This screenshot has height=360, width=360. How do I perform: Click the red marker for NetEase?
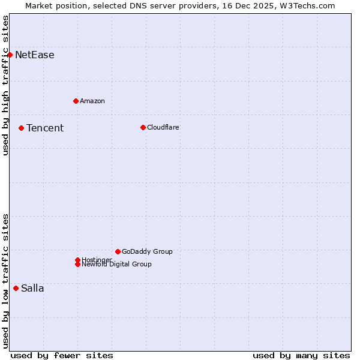click(x=10, y=55)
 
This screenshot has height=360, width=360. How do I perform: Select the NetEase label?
click(x=35, y=55)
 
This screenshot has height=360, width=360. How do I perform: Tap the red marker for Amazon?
click(x=76, y=101)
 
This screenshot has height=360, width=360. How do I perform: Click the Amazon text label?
click(x=92, y=101)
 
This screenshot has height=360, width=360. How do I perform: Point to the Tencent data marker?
click(x=21, y=128)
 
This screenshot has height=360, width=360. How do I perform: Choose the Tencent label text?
click(x=45, y=128)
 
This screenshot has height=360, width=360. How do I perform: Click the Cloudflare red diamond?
click(x=143, y=127)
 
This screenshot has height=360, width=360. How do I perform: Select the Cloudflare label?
click(x=163, y=127)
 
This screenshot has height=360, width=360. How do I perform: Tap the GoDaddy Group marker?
click(x=118, y=251)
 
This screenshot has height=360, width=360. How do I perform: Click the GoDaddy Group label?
click(x=147, y=251)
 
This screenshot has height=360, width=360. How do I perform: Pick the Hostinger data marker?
click(x=77, y=260)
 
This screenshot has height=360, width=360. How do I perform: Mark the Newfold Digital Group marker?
click(x=77, y=265)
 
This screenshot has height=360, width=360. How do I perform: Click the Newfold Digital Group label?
click(x=117, y=265)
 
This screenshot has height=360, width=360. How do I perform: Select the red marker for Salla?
click(x=16, y=288)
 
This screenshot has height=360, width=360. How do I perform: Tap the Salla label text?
click(x=32, y=288)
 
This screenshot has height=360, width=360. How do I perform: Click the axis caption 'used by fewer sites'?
click(x=62, y=355)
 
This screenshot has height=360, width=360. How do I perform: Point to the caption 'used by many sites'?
click(x=301, y=355)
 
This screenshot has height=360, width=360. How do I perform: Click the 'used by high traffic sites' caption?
click(x=5, y=85)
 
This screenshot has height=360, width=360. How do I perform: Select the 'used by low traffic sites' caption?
click(x=5, y=281)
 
